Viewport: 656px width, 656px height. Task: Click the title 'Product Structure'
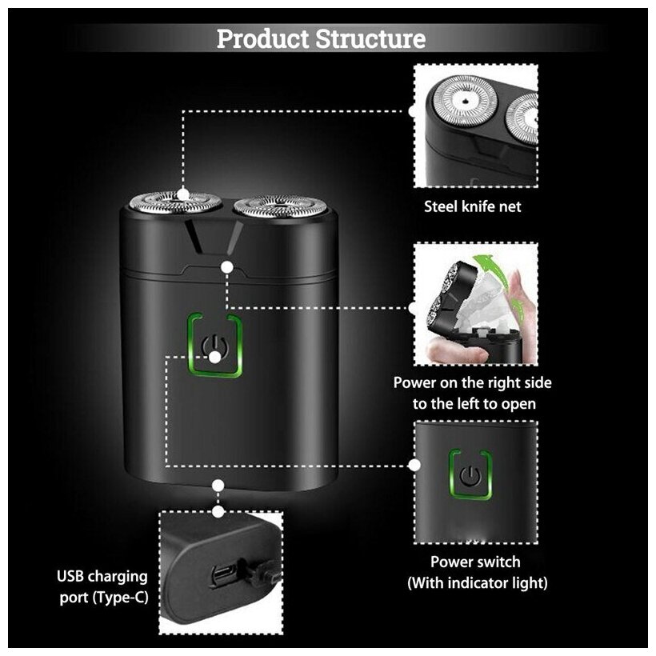pos(321,38)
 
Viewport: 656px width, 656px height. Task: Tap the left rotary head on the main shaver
pos(176,204)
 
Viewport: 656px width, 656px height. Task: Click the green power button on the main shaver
pos(214,345)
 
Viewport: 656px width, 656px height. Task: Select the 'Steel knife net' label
pos(472,206)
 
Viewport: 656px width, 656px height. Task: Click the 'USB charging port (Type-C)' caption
pos(102,586)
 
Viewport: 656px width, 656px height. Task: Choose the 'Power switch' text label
pos(475,562)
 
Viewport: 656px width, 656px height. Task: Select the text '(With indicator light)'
pos(478,582)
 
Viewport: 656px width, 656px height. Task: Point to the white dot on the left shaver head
pos(183,193)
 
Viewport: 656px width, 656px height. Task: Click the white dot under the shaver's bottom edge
pos(218,485)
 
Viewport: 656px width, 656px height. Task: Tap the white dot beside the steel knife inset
pos(413,111)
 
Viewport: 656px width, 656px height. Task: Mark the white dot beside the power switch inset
pos(414,464)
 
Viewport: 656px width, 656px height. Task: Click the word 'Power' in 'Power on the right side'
pos(415,382)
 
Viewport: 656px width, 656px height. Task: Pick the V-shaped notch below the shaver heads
pos(214,237)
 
